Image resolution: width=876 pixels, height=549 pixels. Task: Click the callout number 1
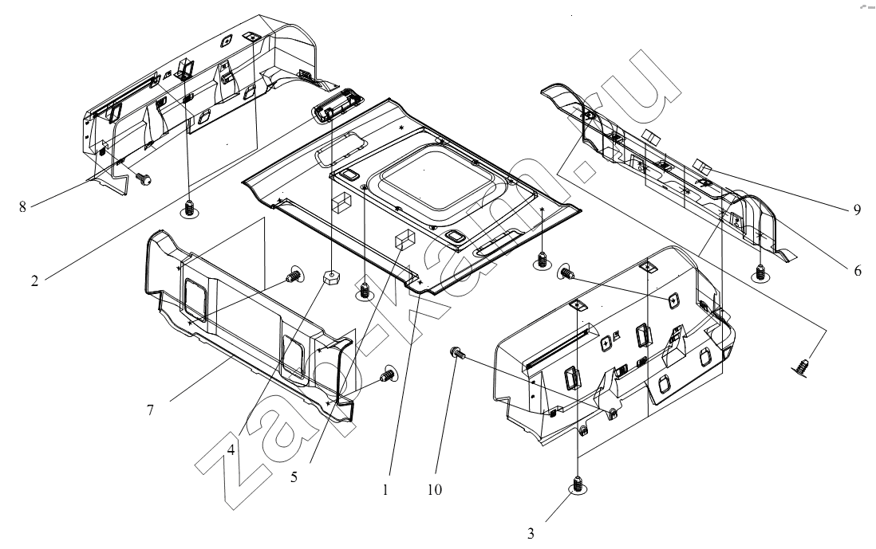(x=385, y=490)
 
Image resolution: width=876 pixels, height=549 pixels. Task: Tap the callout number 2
(x=34, y=280)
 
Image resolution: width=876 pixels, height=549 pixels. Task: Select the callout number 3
(x=531, y=534)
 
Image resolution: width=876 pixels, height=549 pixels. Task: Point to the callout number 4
(x=231, y=449)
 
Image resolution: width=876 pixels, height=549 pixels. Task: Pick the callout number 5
(x=294, y=477)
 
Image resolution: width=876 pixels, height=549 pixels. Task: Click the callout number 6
(x=858, y=271)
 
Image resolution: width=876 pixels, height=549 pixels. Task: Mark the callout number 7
(x=150, y=410)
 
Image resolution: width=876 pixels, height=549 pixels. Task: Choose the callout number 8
(x=22, y=207)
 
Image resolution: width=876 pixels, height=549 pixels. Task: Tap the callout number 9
(x=857, y=210)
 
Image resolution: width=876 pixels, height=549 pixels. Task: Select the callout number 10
(x=434, y=490)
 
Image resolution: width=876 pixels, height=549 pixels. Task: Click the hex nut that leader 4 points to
(x=331, y=276)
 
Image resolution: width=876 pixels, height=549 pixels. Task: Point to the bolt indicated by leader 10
(x=456, y=353)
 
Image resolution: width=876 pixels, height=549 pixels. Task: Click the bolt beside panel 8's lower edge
(x=144, y=179)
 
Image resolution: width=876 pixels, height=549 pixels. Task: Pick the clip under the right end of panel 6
(x=760, y=273)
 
